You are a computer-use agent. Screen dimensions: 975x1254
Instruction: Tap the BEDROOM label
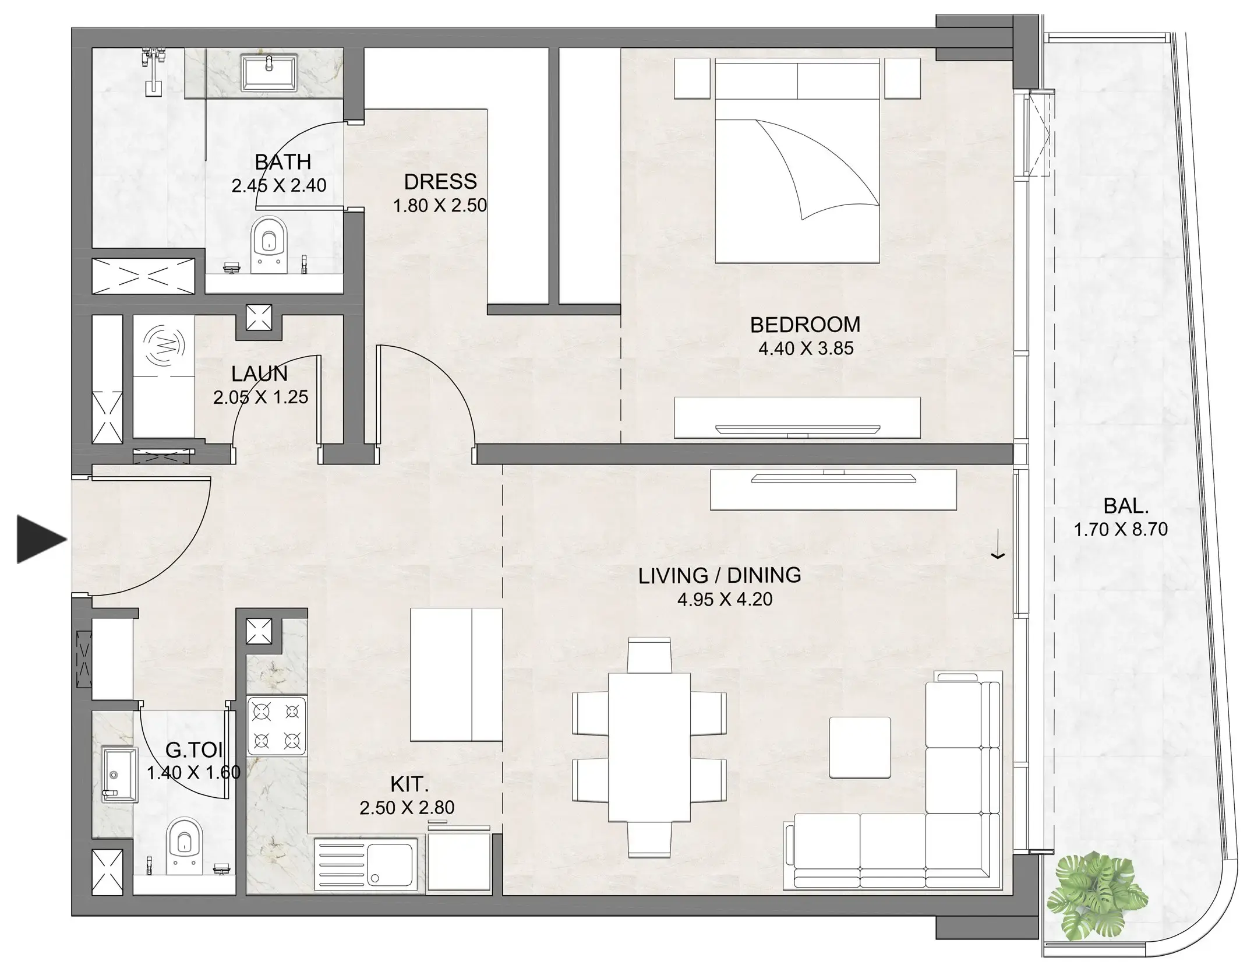coord(805,325)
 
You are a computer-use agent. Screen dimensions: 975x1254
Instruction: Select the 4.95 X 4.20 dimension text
coord(725,599)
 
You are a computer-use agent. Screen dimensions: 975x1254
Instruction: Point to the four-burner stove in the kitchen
coord(277,726)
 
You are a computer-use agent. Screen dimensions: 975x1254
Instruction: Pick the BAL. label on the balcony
coord(1126,506)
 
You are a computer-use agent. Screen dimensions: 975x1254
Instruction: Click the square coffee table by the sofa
coord(860,748)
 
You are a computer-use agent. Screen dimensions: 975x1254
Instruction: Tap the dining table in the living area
coord(649,748)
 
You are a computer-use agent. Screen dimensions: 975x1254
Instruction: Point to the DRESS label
coord(440,182)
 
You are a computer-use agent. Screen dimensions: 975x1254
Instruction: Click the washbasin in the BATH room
coord(270,73)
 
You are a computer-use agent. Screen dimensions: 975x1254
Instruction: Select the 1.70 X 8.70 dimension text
coord(1121,530)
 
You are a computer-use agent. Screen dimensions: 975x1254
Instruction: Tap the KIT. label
coord(409,784)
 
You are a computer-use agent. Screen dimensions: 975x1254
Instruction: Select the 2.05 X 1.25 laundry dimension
coord(260,397)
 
